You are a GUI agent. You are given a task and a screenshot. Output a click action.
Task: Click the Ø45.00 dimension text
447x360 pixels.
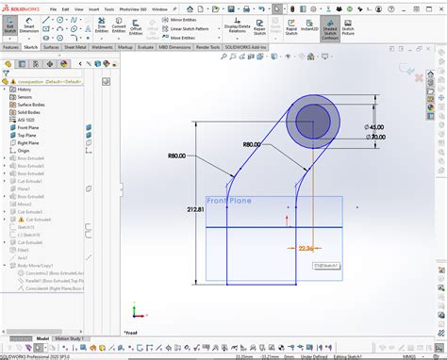tap(376, 127)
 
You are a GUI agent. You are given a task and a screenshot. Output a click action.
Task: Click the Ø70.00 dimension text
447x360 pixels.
tap(376, 138)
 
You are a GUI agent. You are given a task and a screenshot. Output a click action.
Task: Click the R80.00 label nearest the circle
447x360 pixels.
tap(252, 144)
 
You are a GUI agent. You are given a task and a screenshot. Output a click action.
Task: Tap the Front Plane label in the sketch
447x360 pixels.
tap(230, 201)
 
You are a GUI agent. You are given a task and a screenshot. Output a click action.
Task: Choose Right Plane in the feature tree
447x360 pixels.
tap(29, 141)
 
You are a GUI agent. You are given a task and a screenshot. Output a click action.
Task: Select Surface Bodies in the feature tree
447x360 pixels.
tap(32, 104)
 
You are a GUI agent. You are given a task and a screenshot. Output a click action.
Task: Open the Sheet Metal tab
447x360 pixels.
tap(75, 46)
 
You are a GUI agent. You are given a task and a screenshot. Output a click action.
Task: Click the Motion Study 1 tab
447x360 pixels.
tap(71, 337)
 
